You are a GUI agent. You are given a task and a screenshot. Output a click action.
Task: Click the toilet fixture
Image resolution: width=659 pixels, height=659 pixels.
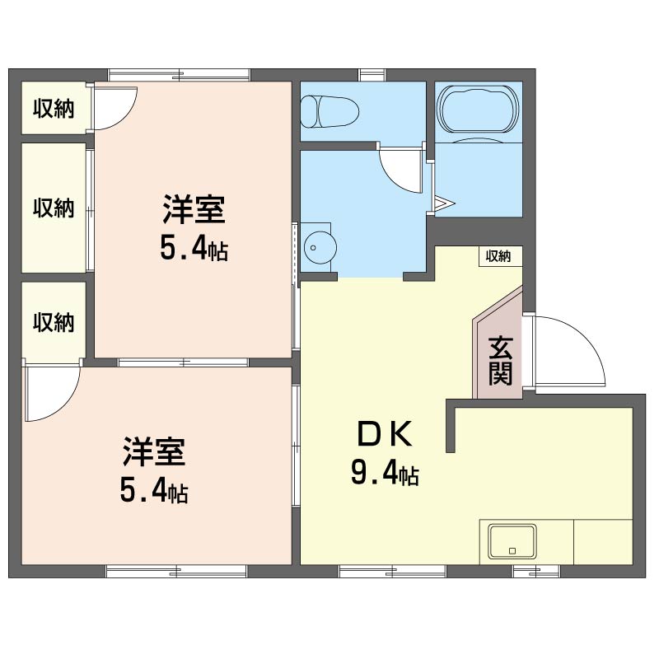click(x=329, y=111)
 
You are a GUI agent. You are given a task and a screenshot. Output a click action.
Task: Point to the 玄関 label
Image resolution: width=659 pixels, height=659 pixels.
click(x=500, y=361)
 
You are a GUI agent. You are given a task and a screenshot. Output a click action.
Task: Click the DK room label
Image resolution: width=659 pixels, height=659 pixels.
click(x=384, y=434)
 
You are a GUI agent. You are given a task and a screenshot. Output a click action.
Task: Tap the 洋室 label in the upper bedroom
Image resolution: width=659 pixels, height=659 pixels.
click(x=193, y=209)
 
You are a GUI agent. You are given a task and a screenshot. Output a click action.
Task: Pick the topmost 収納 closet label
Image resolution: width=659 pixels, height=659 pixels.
click(x=54, y=109)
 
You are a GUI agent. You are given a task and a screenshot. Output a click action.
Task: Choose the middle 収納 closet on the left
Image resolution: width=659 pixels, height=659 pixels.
click(x=54, y=208)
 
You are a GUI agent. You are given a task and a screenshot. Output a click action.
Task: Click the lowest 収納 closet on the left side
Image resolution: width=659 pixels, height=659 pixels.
click(x=54, y=322)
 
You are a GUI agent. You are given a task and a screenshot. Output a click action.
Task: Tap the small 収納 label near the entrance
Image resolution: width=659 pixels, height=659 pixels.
click(x=498, y=256)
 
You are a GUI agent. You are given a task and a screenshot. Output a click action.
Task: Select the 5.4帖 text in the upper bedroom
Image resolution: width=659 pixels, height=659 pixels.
click(x=193, y=248)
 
